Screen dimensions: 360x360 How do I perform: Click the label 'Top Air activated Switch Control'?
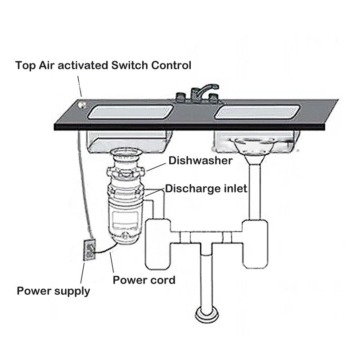(x=103, y=65)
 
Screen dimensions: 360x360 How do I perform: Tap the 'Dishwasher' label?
(x=200, y=161)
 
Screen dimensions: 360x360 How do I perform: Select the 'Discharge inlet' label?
(x=206, y=188)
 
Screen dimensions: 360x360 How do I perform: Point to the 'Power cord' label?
(x=144, y=280)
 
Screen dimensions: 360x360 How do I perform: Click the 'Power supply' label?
(x=53, y=291)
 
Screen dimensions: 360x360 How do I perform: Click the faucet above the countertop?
(x=198, y=92)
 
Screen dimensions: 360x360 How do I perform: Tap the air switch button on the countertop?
(x=82, y=105)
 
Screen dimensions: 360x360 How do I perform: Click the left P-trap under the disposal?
(x=157, y=243)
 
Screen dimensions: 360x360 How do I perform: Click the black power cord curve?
(x=106, y=249)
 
